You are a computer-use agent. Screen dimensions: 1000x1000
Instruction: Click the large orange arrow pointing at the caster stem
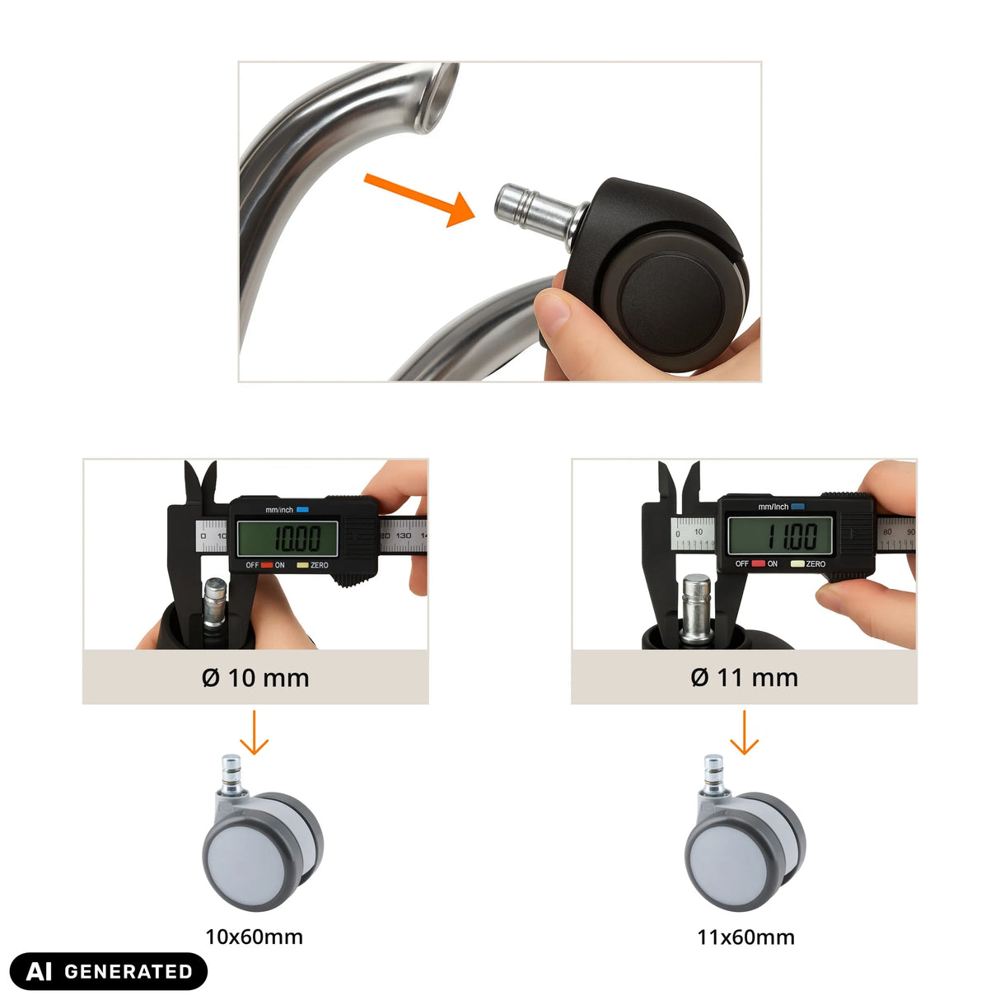(x=419, y=200)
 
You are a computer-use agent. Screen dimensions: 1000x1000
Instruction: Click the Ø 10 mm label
(x=255, y=678)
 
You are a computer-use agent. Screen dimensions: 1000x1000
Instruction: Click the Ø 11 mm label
(x=744, y=678)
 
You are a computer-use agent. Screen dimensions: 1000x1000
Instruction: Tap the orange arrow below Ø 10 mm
(x=254, y=732)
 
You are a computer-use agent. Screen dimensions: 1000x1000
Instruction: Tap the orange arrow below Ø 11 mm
(x=744, y=732)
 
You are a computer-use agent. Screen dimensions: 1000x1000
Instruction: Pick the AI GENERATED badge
(x=109, y=971)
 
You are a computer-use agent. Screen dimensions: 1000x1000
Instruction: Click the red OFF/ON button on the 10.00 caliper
(x=267, y=565)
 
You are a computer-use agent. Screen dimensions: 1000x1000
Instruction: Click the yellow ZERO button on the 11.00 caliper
(x=797, y=563)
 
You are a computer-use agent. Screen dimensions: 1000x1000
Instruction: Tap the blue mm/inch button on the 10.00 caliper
(x=302, y=510)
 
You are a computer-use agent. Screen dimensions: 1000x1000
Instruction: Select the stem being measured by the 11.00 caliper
(x=696, y=608)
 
